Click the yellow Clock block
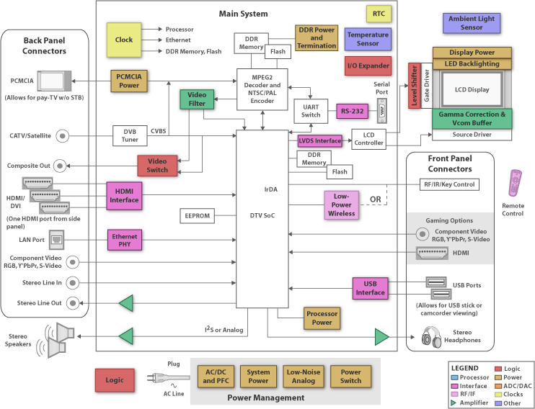click(x=124, y=40)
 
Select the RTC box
click(x=379, y=14)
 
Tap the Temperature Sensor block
click(x=368, y=39)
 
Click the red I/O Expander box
click(x=368, y=66)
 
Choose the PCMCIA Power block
click(x=129, y=81)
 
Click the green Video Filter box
click(x=197, y=99)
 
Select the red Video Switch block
click(x=157, y=166)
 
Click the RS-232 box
click(x=352, y=112)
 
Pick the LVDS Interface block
click(x=319, y=140)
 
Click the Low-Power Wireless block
click(x=342, y=204)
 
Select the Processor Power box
click(x=322, y=318)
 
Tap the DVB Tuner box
click(x=130, y=135)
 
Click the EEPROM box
click(x=197, y=215)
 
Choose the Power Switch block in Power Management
click(x=351, y=377)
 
